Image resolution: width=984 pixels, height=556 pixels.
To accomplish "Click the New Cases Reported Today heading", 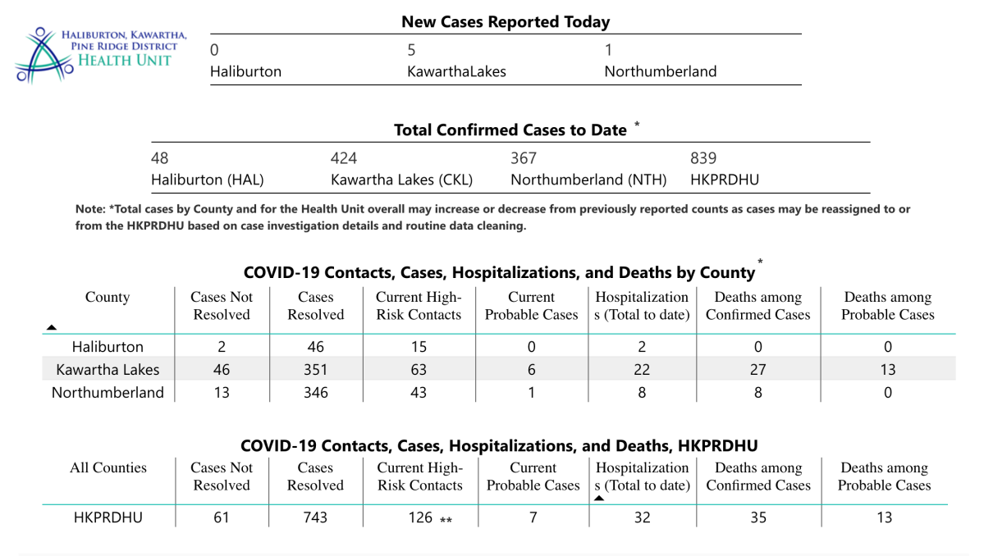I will [506, 22].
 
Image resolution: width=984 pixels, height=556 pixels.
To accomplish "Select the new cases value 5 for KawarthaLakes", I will [412, 50].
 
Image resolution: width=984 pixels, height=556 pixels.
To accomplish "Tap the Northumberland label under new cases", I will [660, 71].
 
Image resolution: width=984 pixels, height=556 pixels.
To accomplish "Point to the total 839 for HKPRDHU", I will [703, 158].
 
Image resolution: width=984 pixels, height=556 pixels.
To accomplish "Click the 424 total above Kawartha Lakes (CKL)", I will [344, 158].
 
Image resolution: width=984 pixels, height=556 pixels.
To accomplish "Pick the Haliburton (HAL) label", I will [208, 180].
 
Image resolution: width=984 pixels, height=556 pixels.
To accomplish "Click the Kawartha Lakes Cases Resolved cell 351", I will [315, 370].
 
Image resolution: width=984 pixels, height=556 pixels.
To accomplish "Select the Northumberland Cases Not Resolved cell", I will [222, 393].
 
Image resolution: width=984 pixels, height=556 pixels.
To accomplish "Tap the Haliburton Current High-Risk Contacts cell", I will [419, 347].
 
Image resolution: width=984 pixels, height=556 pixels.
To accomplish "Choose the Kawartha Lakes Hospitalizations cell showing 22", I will [642, 370].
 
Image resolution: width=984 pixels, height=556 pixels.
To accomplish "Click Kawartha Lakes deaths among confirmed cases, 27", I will [757, 370].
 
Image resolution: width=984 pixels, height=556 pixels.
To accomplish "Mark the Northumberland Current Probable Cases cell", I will [532, 393].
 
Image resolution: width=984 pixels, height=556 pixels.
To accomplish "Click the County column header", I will [108, 298].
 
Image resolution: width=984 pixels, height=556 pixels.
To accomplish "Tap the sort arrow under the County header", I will [52, 327].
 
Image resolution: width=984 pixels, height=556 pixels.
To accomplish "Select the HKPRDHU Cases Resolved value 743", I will [315, 517].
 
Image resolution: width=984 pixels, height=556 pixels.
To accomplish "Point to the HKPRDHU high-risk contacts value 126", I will [419, 517].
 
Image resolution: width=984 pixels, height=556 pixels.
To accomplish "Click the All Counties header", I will [108, 468].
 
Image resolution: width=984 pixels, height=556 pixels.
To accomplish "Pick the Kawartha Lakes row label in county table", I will [108, 370].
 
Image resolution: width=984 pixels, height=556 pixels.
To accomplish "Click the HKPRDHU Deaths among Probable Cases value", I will [884, 517].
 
